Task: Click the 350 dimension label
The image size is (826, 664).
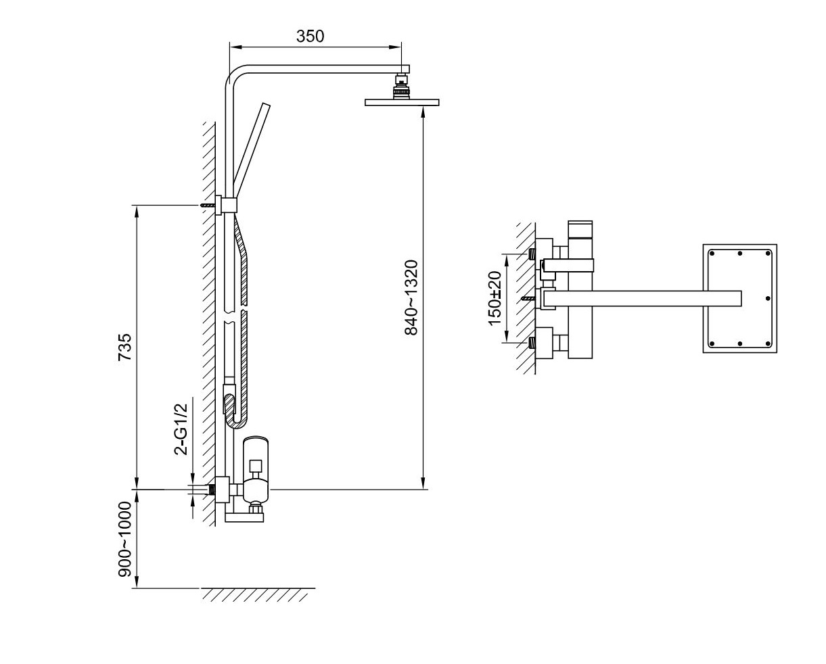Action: pyautogui.click(x=310, y=36)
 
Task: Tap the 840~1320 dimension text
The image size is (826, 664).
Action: pyautogui.click(x=411, y=298)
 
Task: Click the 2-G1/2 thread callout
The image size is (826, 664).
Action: pyautogui.click(x=181, y=429)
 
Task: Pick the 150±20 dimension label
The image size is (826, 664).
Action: pyautogui.click(x=495, y=298)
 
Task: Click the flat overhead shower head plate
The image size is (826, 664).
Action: pyautogui.click(x=402, y=102)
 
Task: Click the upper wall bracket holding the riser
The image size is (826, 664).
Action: pyautogui.click(x=226, y=205)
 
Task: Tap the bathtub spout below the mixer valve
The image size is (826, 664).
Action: pyautogui.click(x=244, y=517)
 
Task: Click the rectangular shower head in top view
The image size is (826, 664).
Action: pyautogui.click(x=740, y=298)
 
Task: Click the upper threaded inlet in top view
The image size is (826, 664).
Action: pyautogui.click(x=532, y=254)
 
